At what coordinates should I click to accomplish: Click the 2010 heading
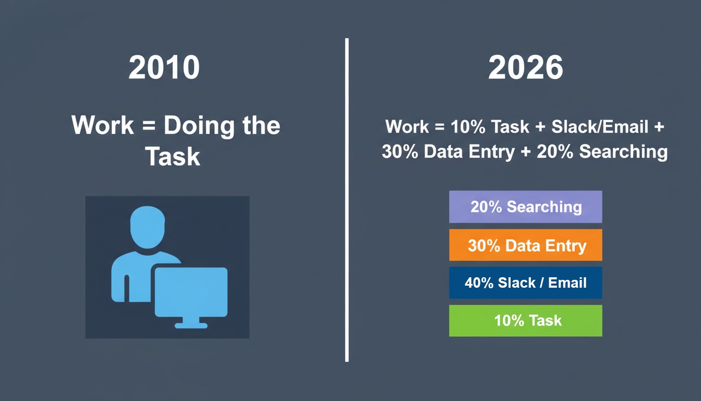tap(164, 68)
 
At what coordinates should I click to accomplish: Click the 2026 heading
tap(525, 68)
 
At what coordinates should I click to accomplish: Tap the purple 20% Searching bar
tap(525, 207)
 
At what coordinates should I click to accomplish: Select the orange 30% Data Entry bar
tap(525, 245)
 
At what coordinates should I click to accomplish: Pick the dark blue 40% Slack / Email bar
tap(525, 283)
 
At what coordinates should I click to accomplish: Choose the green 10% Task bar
tap(525, 321)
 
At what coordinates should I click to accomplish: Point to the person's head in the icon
tap(147, 228)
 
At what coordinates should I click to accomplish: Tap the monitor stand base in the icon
tap(191, 325)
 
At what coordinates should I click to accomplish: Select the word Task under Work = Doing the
tap(173, 156)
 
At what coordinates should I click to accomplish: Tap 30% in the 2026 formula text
tap(400, 152)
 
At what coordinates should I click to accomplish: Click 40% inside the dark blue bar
tap(479, 283)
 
